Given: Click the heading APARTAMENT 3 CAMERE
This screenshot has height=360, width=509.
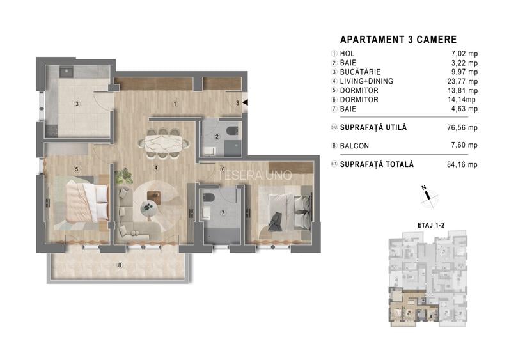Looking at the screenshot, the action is pos(398,40).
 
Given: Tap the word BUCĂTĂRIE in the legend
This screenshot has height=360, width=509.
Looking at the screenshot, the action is pos(360,72).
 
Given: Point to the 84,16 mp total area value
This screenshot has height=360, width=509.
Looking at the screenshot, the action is pos(462,164).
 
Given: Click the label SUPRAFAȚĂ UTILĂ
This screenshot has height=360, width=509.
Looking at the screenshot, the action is pos(373,127).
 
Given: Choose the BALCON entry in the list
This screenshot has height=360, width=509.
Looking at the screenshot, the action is pos(354,146).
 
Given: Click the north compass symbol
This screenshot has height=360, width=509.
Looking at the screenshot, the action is pos(428,196).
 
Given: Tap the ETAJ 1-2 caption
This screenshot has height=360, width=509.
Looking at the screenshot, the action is pos(431,225).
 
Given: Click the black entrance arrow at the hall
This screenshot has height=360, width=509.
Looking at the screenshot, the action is pos(246,102).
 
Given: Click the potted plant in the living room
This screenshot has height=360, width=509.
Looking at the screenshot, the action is pos(123,176).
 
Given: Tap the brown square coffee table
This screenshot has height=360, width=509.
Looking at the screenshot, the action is pos(154,198).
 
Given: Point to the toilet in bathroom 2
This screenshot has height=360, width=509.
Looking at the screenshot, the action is pos(232,131).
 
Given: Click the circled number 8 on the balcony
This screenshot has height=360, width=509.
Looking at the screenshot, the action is pos(120,265).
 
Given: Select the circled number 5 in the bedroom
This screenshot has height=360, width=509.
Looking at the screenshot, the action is pos(77,169).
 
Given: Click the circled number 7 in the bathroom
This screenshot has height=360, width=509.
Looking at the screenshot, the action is pos(223,213).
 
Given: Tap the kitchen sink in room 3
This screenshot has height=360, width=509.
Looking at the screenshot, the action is pos(67,72).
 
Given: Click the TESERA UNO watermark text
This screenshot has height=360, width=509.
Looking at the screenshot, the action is pos(255,176).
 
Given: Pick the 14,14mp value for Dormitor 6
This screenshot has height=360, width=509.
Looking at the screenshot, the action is pos(461,100).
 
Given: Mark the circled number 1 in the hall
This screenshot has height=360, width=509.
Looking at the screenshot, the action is pos(175,104).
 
